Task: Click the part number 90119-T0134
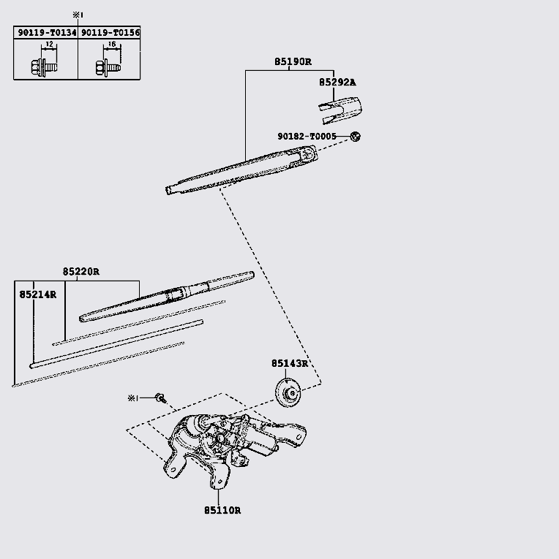(47, 33)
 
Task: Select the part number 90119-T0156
(110, 33)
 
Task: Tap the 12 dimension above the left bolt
(49, 44)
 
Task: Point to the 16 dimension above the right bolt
(112, 44)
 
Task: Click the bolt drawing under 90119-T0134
(44, 67)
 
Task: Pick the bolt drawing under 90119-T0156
(108, 67)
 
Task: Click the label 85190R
(293, 61)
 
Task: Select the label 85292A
(337, 83)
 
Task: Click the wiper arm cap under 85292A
(340, 110)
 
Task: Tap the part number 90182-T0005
(307, 136)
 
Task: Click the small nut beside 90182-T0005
(355, 136)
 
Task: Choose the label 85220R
(81, 272)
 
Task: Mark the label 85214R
(38, 294)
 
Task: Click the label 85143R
(290, 363)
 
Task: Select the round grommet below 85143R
(288, 392)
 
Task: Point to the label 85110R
(222, 511)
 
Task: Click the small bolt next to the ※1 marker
(161, 398)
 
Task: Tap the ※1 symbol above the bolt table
(78, 15)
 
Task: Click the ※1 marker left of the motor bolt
(132, 398)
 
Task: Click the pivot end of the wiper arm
(307, 154)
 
